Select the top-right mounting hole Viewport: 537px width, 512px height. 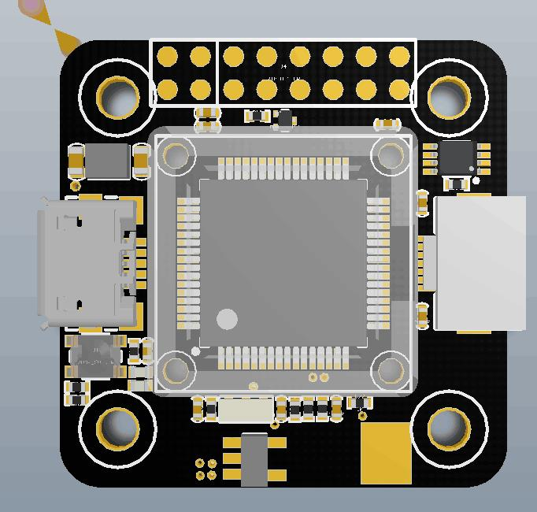pos(446,98)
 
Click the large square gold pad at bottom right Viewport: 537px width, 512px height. pos(386,453)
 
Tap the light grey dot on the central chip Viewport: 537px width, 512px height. pos(227,319)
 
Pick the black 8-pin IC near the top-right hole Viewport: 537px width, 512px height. pos(457,158)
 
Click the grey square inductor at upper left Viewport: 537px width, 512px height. pos(107,161)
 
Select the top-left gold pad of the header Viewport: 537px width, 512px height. pos(168,57)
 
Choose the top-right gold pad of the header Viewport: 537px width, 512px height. pos(399,57)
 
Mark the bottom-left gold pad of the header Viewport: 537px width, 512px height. pos(168,89)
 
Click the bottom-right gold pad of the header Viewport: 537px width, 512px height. pos(399,89)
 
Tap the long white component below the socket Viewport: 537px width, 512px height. pos(246,409)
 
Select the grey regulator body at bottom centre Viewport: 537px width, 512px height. pos(254,459)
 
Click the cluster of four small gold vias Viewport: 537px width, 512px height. pos(206,469)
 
